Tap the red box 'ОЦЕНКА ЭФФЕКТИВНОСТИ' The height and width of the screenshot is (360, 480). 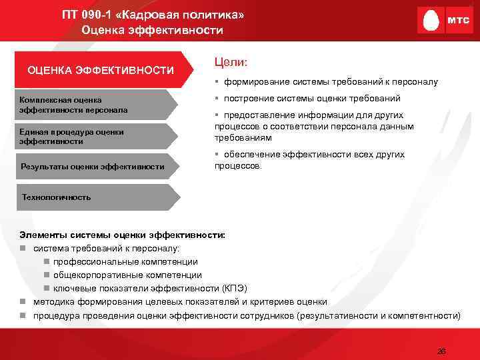pos(100,70)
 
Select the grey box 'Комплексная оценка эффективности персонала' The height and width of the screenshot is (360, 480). pos(93,105)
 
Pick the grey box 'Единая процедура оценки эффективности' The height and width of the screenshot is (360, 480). pos(93,136)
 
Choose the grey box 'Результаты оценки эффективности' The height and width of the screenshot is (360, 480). pos(93,166)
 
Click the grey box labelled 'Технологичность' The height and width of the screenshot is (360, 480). pos(93,197)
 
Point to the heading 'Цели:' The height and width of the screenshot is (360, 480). pos(231,61)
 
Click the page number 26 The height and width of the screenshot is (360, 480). pos(441,351)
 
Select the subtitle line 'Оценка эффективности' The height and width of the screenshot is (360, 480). pos(153,30)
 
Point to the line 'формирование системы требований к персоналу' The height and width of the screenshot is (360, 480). pos(331,82)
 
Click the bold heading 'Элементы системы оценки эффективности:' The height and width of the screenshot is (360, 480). pos(123,235)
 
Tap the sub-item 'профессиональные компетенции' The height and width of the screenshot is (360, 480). pos(125,261)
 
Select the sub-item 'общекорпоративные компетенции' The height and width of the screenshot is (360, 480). pos(127,275)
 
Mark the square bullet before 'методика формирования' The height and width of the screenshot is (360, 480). pos(23,301)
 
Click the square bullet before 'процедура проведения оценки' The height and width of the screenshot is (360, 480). pos(23,315)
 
